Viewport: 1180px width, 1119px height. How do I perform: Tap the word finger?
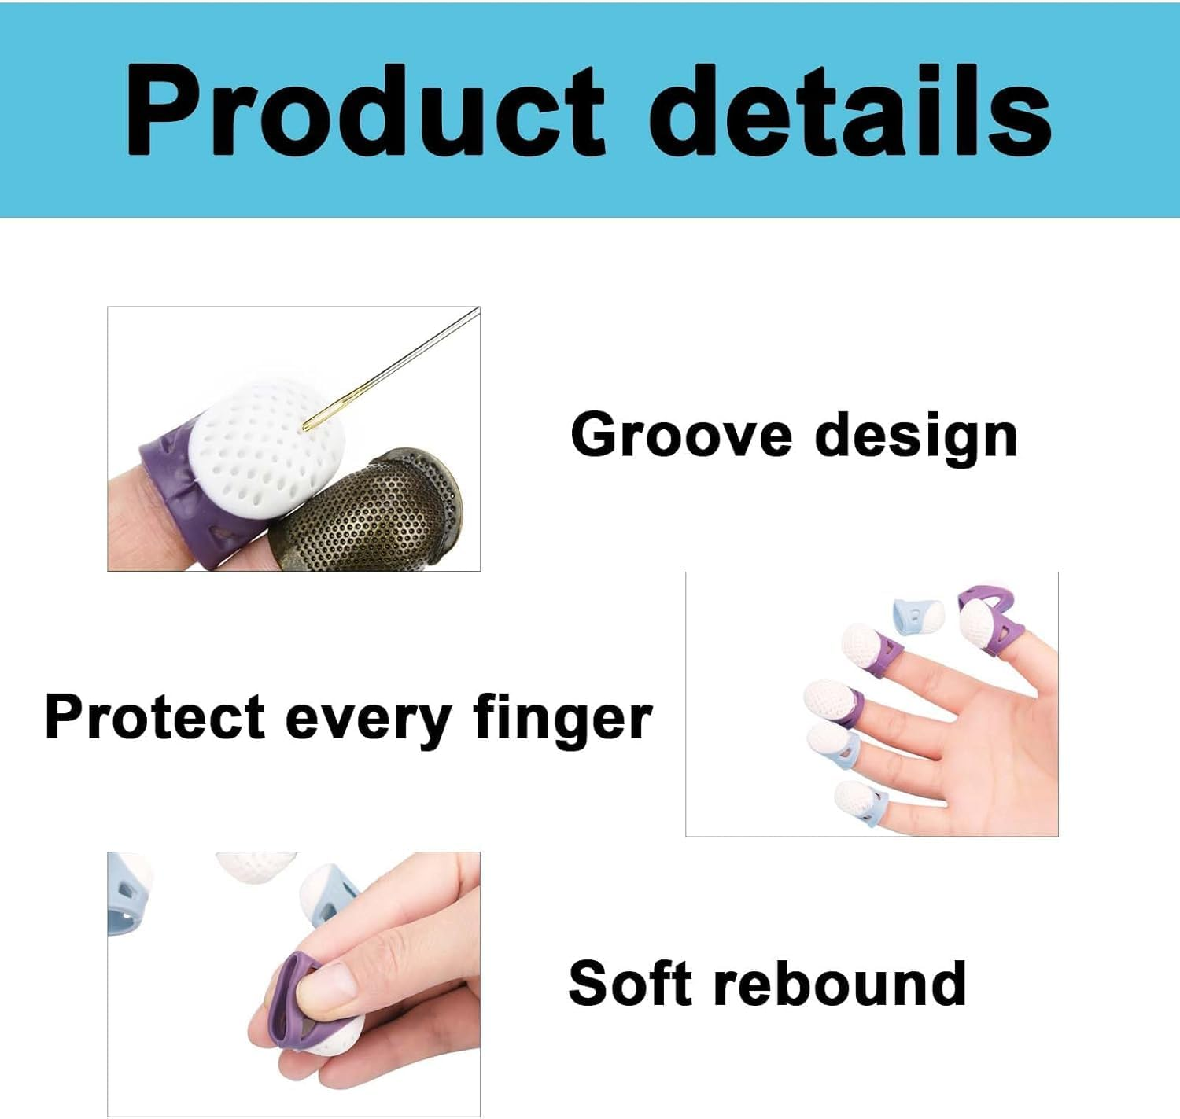click(x=562, y=718)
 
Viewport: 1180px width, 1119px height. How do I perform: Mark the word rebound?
click(x=839, y=983)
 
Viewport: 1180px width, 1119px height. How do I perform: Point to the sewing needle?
click(x=393, y=366)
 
